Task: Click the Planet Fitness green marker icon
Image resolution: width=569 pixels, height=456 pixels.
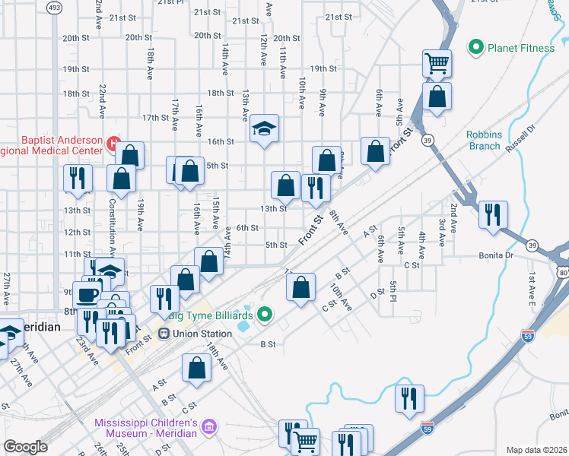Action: click(477, 48)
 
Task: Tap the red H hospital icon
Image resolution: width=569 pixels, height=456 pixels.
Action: click(114, 142)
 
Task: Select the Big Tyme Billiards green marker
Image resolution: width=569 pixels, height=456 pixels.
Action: click(265, 313)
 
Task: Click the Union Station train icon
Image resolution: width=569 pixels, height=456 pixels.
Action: click(164, 333)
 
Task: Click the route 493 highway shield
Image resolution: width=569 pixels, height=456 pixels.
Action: click(55, 8)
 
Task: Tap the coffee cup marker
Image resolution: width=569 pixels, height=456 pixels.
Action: click(85, 293)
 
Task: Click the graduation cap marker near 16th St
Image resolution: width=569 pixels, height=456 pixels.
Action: click(264, 128)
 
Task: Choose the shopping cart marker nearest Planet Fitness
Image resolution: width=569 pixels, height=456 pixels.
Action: click(437, 63)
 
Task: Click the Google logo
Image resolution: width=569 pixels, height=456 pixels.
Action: click(25, 447)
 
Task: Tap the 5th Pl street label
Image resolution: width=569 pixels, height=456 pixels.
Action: click(393, 290)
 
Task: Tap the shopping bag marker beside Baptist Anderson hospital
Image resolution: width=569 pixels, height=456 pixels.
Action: click(130, 155)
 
